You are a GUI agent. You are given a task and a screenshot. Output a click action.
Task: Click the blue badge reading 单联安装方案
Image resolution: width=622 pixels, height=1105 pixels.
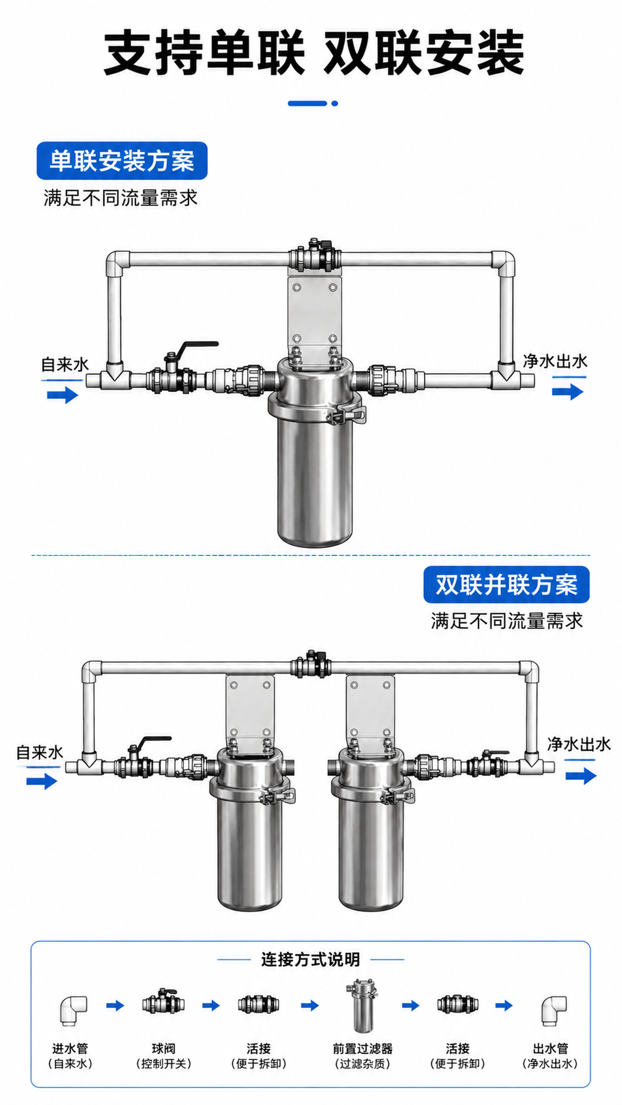coord(122,161)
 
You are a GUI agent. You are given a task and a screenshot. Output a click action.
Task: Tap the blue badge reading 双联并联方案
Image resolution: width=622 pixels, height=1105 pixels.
coord(507,584)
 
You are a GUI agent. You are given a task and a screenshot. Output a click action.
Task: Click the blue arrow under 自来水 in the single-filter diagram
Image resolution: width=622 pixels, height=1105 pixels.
coord(63,395)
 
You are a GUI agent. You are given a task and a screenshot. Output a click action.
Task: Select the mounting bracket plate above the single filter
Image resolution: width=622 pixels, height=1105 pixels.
coord(315,316)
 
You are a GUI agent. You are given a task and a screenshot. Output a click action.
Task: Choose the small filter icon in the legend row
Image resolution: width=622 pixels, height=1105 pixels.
coord(362,1005)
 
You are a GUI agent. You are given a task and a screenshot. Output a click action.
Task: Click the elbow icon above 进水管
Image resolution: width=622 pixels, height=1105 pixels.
coord(73,1011)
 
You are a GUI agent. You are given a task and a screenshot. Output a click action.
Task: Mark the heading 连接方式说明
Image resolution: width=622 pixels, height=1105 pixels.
coord(310,960)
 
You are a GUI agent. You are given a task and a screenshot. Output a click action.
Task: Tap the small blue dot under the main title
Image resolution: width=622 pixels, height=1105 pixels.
coord(335,103)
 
